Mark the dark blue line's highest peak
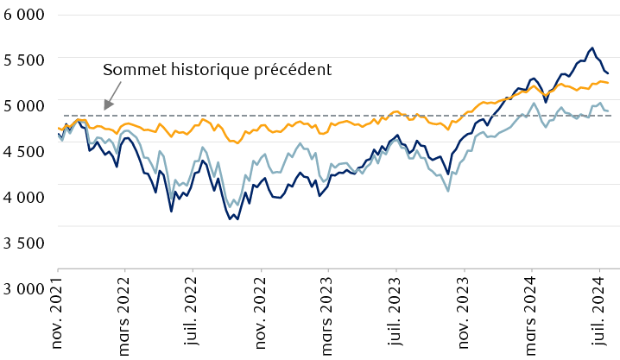tap(592, 48)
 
